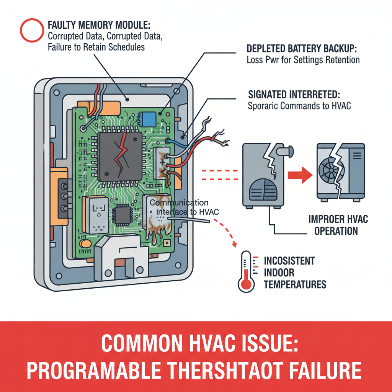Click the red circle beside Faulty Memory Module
pyautogui.click(x=32, y=30)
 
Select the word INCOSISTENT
pyautogui.click(x=289, y=261)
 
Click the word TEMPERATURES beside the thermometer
pyautogui.click(x=295, y=284)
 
